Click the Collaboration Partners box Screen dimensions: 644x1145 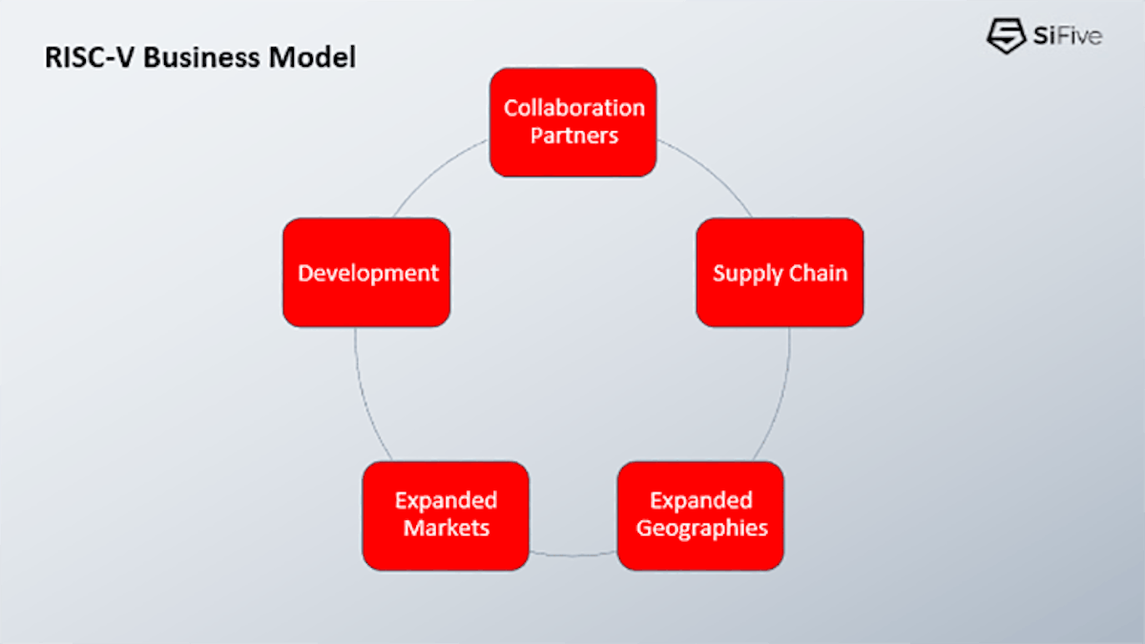[x=572, y=122]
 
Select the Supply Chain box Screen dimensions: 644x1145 [x=780, y=273]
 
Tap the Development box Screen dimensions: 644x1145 [x=366, y=273]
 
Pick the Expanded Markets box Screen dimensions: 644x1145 [x=446, y=515]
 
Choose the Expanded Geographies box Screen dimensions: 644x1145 [x=700, y=515]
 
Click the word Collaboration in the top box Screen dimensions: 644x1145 [x=574, y=108]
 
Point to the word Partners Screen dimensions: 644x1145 [x=574, y=135]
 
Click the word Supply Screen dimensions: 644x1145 [x=745, y=274]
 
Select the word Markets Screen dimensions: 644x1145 [x=446, y=528]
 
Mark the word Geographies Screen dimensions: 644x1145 [x=701, y=528]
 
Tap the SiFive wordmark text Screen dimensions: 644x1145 [x=1066, y=37]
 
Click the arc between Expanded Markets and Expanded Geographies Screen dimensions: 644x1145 [x=572, y=554]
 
